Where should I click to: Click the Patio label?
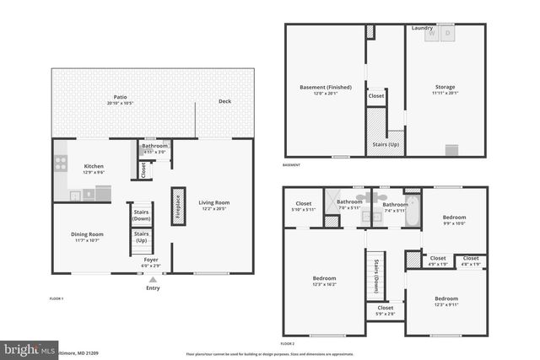click(x=120, y=99)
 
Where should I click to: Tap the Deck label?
click(x=224, y=102)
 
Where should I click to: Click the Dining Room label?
click(x=86, y=236)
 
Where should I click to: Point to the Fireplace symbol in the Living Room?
click(x=178, y=206)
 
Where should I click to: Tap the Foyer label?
click(x=151, y=261)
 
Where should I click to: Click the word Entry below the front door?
click(x=153, y=288)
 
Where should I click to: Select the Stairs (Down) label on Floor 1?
click(x=142, y=214)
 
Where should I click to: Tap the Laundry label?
click(x=422, y=28)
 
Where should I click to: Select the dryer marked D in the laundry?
click(x=447, y=35)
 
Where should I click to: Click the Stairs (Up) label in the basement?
click(x=385, y=144)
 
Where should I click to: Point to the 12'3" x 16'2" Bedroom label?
click(x=325, y=282)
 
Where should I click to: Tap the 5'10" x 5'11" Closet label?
click(x=302, y=206)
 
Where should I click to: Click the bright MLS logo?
click(x=26, y=348)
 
